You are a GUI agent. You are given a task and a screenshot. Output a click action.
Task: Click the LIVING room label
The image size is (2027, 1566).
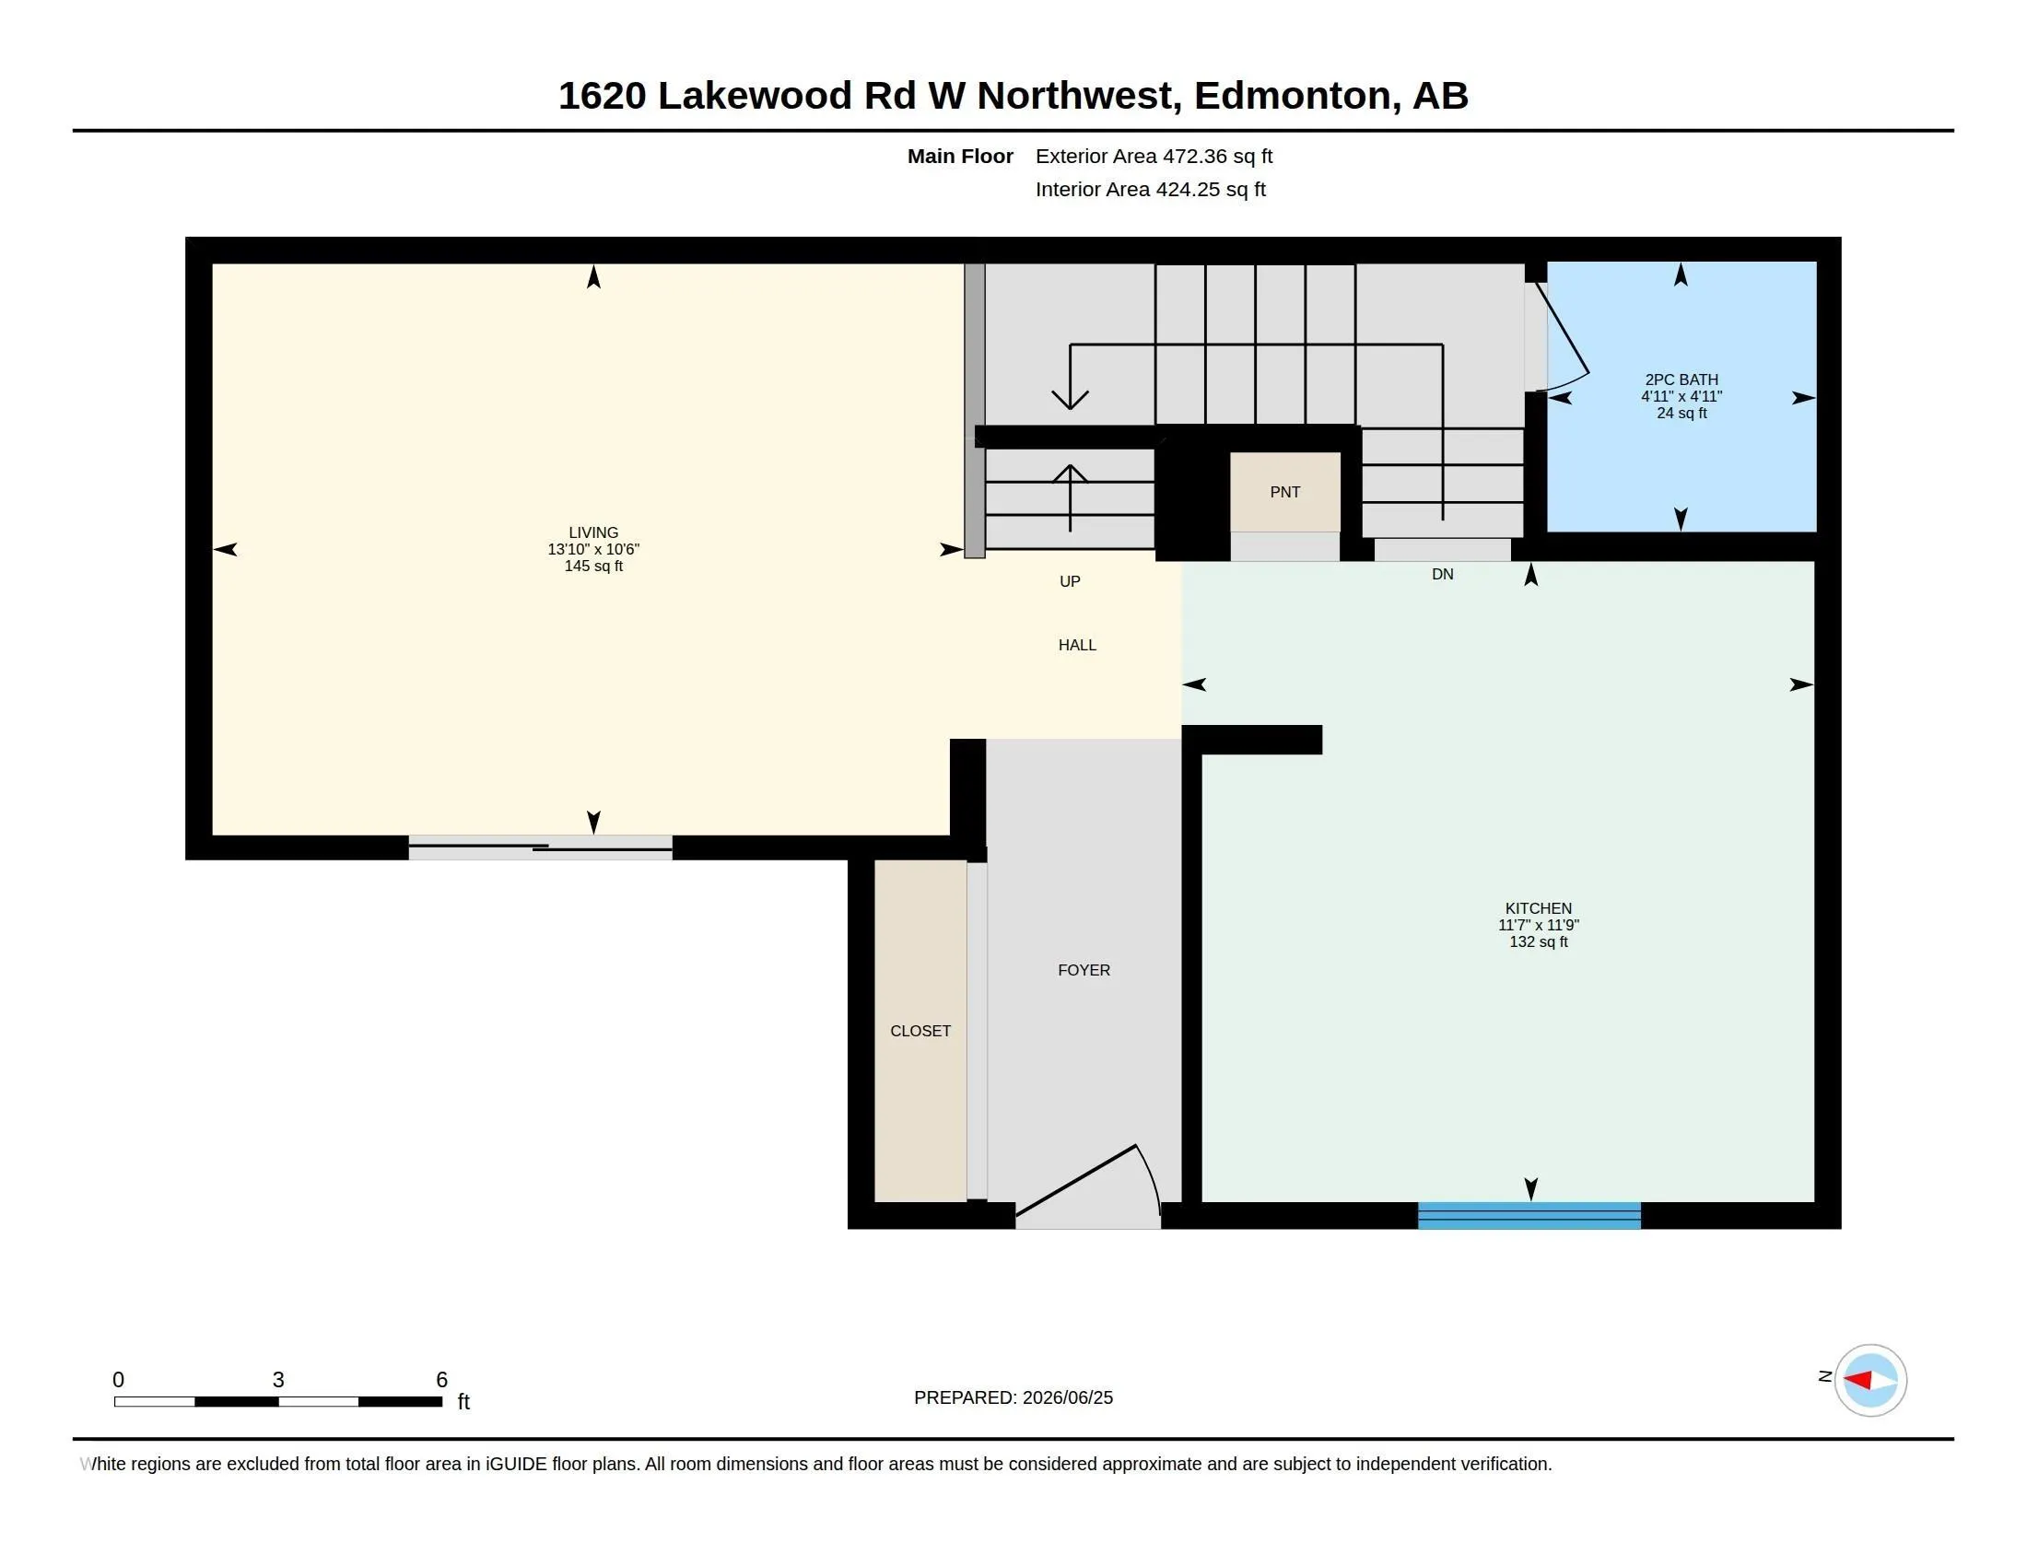(x=593, y=532)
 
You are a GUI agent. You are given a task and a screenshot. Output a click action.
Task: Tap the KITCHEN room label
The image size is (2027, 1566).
(x=1538, y=908)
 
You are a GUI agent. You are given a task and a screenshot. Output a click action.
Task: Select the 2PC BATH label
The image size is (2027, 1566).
(x=1681, y=380)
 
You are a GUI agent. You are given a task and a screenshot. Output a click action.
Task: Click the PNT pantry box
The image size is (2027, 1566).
(x=1284, y=492)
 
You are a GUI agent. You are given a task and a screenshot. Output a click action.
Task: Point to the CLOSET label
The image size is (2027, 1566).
(x=920, y=1031)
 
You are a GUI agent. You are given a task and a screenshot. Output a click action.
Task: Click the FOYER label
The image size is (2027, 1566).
(x=1084, y=969)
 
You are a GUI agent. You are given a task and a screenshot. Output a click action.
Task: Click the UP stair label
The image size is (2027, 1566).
(x=1069, y=580)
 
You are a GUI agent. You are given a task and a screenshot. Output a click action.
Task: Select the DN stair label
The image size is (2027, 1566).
(x=1441, y=574)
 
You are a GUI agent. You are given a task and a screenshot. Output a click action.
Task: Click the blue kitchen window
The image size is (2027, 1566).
(x=1529, y=1215)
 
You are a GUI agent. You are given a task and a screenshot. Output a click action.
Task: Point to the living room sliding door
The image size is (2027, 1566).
(x=540, y=847)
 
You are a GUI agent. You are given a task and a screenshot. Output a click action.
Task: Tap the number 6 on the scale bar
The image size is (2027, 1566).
(x=441, y=1380)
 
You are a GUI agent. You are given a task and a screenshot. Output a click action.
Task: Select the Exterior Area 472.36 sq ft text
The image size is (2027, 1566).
(x=1154, y=156)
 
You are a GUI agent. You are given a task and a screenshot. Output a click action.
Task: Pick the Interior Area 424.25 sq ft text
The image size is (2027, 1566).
(x=1150, y=189)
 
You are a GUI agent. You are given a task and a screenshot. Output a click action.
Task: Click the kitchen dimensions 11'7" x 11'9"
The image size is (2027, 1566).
(x=1538, y=925)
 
